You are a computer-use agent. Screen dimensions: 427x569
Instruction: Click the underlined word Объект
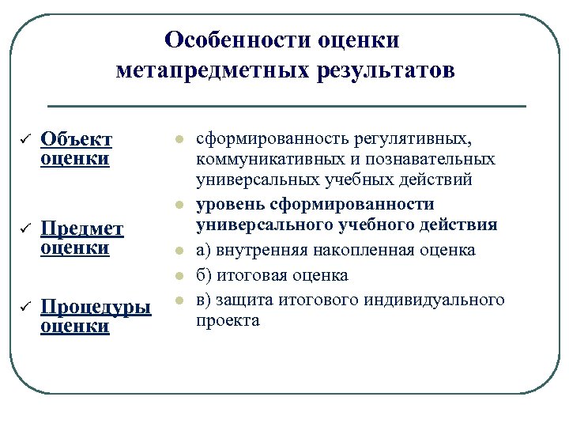[77, 140]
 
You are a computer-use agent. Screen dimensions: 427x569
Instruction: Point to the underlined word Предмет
[82, 229]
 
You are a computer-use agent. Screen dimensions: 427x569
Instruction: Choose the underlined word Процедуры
[95, 307]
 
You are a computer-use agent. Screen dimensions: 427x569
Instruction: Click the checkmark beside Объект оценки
[22, 140]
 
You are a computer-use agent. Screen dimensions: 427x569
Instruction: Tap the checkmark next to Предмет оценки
[22, 229]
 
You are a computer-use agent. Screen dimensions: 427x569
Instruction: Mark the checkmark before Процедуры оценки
[22, 307]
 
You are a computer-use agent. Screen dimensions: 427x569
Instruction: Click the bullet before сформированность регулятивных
[179, 141]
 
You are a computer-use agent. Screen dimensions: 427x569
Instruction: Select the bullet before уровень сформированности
[179, 204]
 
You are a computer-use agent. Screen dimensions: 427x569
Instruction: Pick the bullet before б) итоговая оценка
[179, 276]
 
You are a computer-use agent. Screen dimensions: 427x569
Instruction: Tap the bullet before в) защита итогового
[179, 300]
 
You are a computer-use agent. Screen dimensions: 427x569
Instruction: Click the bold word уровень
[230, 204]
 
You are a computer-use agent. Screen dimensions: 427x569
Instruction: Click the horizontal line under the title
[286, 106]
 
